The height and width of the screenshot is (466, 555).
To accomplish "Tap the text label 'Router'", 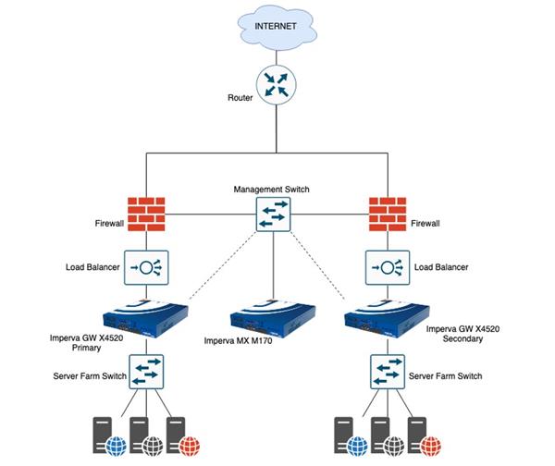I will pos(240,97).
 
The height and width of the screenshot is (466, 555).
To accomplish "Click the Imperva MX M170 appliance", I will pos(274,316).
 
